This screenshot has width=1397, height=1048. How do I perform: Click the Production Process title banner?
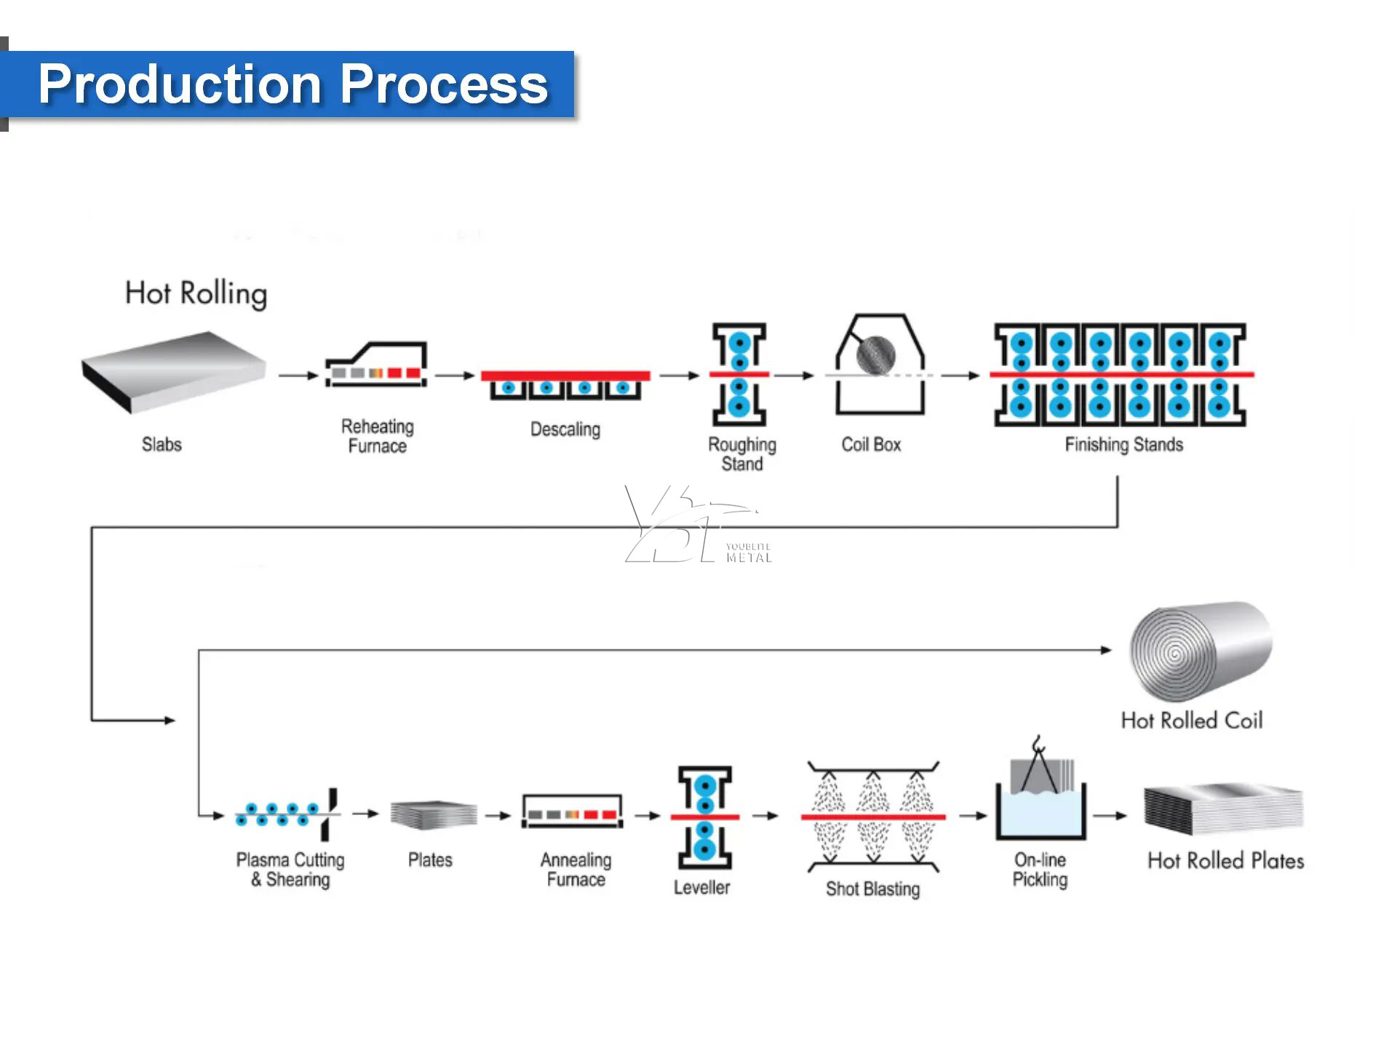pos(291,84)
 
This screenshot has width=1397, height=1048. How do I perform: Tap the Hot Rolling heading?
pos(196,293)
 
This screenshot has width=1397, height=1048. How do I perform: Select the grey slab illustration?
pos(173,371)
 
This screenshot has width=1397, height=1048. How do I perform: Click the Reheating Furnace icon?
pos(376,365)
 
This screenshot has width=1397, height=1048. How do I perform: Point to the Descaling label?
pos(565,429)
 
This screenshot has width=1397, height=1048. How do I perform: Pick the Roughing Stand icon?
pos(739,374)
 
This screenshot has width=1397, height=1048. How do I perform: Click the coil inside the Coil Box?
pos(875,354)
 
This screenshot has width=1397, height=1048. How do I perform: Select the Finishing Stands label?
pos(1123,445)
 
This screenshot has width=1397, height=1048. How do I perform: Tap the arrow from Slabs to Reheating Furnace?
pos(298,376)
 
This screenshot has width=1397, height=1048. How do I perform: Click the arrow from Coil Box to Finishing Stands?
pos(960,376)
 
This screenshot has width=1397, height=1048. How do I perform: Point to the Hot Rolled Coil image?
pos(1199,650)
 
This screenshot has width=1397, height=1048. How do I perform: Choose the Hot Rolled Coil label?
pos(1192,720)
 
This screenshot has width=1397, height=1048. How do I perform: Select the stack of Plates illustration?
pos(434,815)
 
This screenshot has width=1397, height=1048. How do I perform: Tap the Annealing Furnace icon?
pos(573,812)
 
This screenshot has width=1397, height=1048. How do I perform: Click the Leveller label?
pos(701,887)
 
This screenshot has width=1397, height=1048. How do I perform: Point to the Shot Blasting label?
pos(872,889)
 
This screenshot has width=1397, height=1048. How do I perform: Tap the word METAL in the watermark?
pos(749,557)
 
